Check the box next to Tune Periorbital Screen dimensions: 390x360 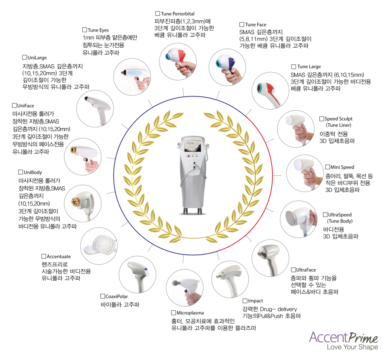[x=157, y=13]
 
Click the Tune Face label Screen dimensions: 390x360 [x=256, y=25]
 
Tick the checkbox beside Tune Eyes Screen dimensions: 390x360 [x=84, y=30]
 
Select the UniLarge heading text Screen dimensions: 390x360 [x=37, y=57]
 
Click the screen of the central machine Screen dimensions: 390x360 [x=193, y=146]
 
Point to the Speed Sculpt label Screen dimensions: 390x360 [x=338, y=119]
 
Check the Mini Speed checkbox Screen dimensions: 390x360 [x=327, y=167]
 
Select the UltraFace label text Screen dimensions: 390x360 [x=306, y=270]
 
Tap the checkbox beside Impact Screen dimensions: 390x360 [x=245, y=301]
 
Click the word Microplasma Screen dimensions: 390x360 [x=190, y=313]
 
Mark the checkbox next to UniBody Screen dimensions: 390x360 [x=21, y=172]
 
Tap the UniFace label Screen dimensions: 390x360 [x=25, y=105]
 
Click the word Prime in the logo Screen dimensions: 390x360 [x=363, y=338]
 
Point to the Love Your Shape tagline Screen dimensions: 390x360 [x=352, y=347]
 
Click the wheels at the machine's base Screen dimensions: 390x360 [x=193, y=211]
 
